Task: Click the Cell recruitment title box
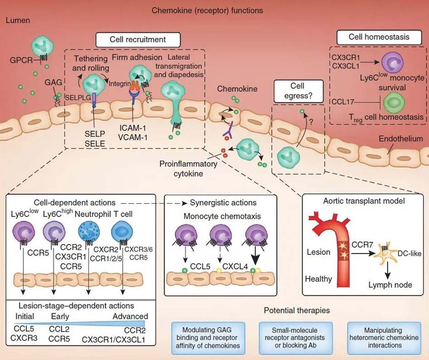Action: [x=138, y=40]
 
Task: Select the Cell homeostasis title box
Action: [x=379, y=37]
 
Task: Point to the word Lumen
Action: [x=18, y=20]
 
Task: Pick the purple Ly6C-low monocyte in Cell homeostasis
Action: [x=393, y=63]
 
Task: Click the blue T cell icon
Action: [x=122, y=231]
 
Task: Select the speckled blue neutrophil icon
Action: [x=89, y=231]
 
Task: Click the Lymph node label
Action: [x=390, y=285]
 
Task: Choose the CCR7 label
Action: [x=362, y=245]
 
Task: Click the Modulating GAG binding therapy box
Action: [x=208, y=338]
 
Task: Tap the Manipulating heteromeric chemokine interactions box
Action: [x=384, y=338]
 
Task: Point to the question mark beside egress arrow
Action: [x=311, y=122]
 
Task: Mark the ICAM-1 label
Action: [x=133, y=128]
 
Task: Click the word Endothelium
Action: [x=401, y=139]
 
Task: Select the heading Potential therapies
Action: [x=297, y=311]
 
